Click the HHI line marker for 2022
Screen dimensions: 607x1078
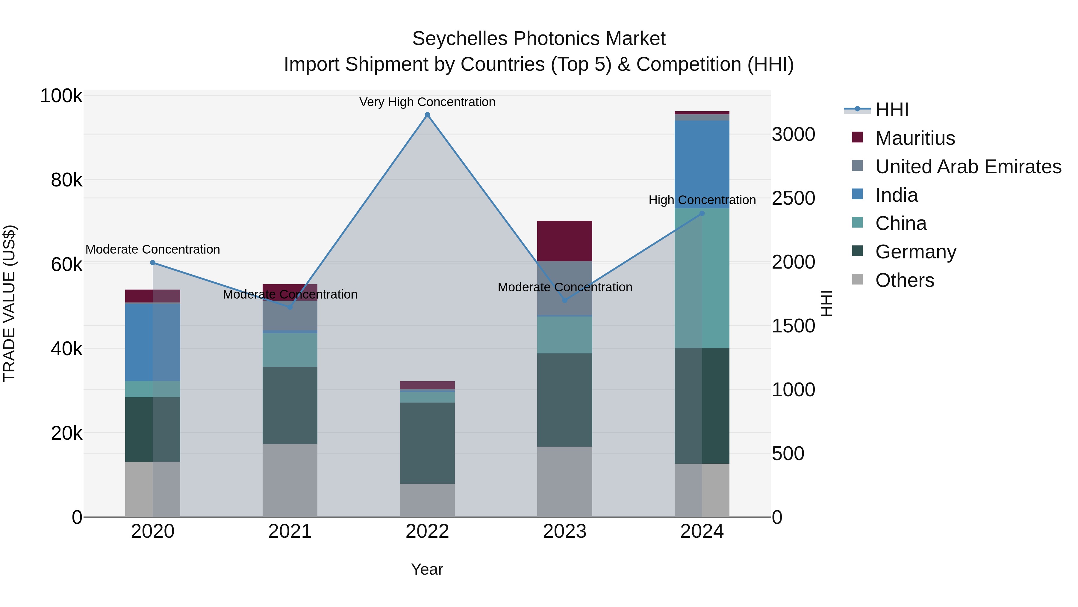pyautogui.click(x=427, y=115)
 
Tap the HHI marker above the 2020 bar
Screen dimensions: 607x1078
pyautogui.click(x=153, y=263)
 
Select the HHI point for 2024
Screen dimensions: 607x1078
pyautogui.click(x=702, y=213)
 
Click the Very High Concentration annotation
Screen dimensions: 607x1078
pyautogui.click(x=427, y=102)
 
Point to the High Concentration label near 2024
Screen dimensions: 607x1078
pyautogui.click(x=702, y=200)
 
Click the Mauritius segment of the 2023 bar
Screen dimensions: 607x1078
pyautogui.click(x=564, y=241)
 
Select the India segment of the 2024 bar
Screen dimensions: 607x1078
pyautogui.click(x=702, y=164)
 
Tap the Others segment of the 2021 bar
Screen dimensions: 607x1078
pyautogui.click(x=290, y=480)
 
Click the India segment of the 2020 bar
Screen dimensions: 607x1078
pyautogui.click(x=153, y=342)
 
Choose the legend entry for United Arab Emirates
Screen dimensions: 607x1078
pyautogui.click(x=968, y=166)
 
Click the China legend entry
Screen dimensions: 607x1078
pyautogui.click(x=900, y=223)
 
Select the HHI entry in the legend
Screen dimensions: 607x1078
pyautogui.click(x=891, y=110)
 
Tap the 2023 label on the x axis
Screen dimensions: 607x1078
pyautogui.click(x=564, y=531)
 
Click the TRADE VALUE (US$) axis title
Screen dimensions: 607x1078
pyautogui.click(x=9, y=303)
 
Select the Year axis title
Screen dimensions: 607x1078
pyautogui.click(x=427, y=569)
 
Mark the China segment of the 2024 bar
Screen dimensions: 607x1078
pyautogui.click(x=702, y=278)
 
